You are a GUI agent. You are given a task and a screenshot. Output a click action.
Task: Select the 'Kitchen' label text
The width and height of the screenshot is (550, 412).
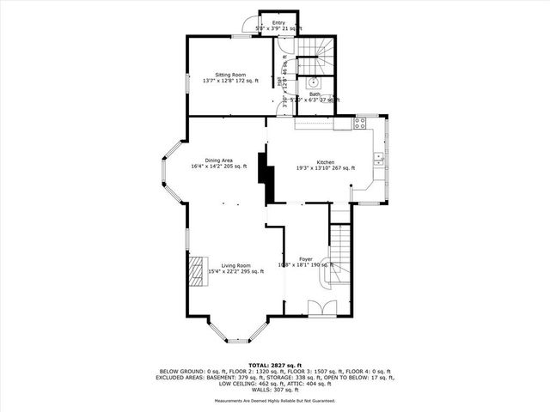325,162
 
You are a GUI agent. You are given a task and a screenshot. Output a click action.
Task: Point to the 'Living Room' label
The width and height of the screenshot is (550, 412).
235,265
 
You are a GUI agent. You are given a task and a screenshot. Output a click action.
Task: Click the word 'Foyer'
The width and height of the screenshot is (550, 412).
305,258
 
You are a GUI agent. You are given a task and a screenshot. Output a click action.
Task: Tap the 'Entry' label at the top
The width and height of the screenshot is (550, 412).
278,22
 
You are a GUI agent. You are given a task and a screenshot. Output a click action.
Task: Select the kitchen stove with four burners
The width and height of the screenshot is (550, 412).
362,123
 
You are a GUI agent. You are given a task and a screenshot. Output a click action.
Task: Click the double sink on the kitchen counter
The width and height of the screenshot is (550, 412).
379,157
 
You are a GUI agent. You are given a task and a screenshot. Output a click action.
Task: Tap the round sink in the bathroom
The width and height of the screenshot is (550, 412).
314,83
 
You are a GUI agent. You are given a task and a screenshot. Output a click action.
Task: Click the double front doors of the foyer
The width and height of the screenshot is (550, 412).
321,308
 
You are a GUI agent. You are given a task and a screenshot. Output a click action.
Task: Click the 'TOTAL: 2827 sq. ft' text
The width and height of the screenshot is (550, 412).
274,365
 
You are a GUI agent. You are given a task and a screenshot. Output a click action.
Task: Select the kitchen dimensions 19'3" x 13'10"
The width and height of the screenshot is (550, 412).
325,169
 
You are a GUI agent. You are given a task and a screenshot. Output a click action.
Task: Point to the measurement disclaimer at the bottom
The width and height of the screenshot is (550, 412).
274,401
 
